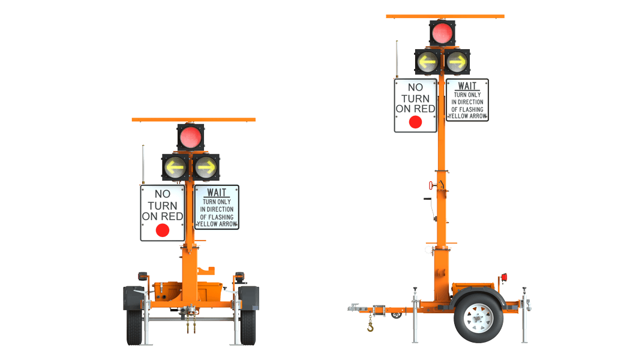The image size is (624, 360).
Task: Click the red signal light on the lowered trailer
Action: pos(191,137)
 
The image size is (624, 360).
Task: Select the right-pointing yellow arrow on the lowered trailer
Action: pos(206,167)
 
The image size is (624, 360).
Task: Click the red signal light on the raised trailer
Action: pos(443,32)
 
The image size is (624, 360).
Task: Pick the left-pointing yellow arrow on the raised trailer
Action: pos(428,61)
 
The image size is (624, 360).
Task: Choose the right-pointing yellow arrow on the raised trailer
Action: pos(457,61)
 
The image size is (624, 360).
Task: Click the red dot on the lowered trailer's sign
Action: pos(162,230)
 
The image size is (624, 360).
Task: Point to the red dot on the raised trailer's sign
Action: pos(415,122)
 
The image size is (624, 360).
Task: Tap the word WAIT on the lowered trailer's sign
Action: pos(217,193)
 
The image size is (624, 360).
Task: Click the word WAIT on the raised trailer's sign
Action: pos(467,86)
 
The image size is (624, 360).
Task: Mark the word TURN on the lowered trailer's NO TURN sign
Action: pos(162,205)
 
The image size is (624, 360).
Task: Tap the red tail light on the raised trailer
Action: pos(504,277)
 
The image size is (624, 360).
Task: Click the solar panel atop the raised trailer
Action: pos(445,16)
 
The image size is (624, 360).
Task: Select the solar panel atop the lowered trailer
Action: pos(193,119)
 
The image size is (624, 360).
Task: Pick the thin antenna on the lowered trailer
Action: pos(143,163)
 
